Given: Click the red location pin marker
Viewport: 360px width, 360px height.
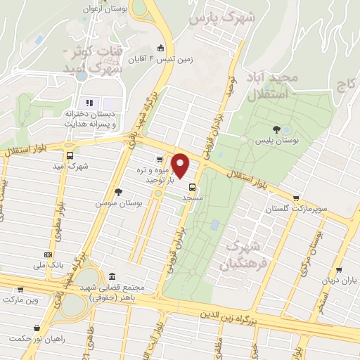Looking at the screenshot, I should [181, 166].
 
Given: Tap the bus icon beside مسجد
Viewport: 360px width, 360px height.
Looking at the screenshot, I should [192, 186].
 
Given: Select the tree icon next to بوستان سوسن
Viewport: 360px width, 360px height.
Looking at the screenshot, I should [117, 191].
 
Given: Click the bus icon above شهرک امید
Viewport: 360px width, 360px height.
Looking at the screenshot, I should [69, 155].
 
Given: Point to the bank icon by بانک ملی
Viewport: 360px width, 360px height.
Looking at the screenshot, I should [47, 255].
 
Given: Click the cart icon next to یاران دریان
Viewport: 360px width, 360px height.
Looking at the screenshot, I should [339, 269].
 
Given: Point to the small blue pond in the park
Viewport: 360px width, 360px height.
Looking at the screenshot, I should [214, 226].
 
